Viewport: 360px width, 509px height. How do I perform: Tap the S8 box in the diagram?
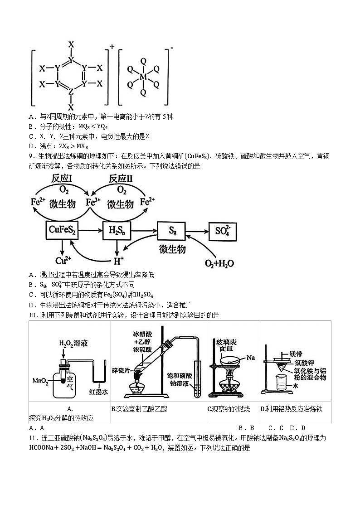tap(173, 231)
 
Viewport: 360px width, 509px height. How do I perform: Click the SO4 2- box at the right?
tap(222, 231)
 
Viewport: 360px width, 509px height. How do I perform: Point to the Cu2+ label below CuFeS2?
tap(62, 260)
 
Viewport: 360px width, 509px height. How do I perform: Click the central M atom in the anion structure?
tap(143, 78)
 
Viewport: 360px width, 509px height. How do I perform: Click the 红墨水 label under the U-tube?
tap(98, 391)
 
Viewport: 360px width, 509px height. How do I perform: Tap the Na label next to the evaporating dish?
tap(251, 358)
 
